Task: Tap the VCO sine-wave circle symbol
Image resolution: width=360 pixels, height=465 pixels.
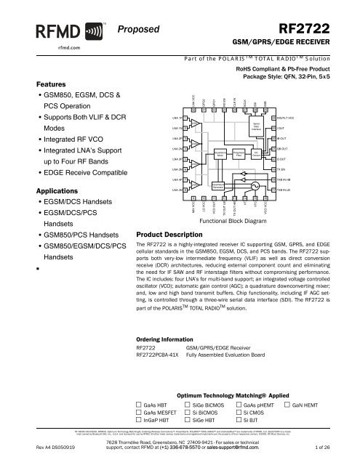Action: click(x=253, y=185)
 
